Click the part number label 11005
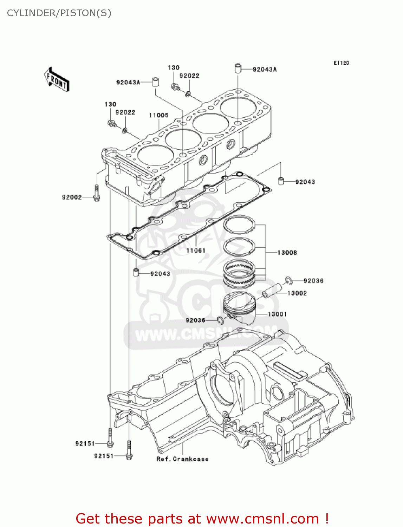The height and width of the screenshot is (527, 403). coord(159,115)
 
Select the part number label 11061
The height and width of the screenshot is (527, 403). coord(196,251)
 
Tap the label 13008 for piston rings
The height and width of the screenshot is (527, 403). coord(287,253)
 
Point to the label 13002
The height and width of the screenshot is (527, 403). coord(297,293)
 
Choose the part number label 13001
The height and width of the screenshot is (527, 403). coord(277,314)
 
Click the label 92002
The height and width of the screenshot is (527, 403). coord(72,197)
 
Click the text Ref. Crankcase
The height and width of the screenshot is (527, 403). coord(182,459)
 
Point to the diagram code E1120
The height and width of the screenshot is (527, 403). coord(341,63)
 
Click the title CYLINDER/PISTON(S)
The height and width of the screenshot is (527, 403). coord(59,13)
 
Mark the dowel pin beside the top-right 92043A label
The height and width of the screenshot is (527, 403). coord(238,68)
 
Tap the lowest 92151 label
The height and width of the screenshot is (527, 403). coord(104,456)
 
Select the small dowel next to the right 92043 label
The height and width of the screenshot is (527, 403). coord(281,181)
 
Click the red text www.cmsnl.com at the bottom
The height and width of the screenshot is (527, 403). coord(262,519)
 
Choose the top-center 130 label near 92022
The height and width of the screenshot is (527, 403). coord(174,68)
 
